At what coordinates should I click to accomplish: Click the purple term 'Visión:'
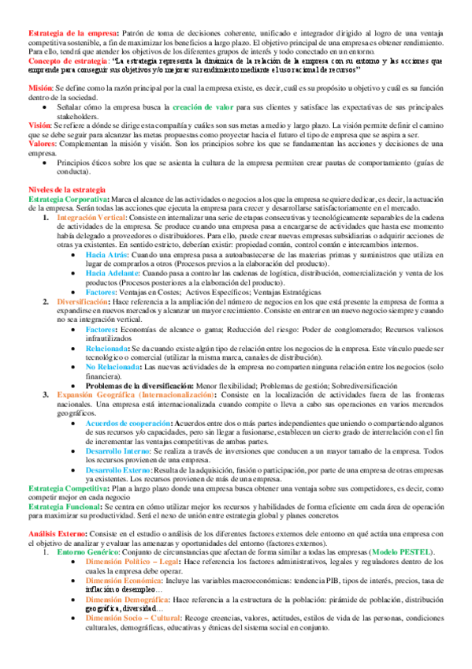[40, 125]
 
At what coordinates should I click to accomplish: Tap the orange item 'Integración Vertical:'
[93, 216]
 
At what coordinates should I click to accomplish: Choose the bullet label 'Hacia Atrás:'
[106, 256]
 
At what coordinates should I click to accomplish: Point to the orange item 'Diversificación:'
[83, 301]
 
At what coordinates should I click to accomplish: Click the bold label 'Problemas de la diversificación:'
[139, 385]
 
